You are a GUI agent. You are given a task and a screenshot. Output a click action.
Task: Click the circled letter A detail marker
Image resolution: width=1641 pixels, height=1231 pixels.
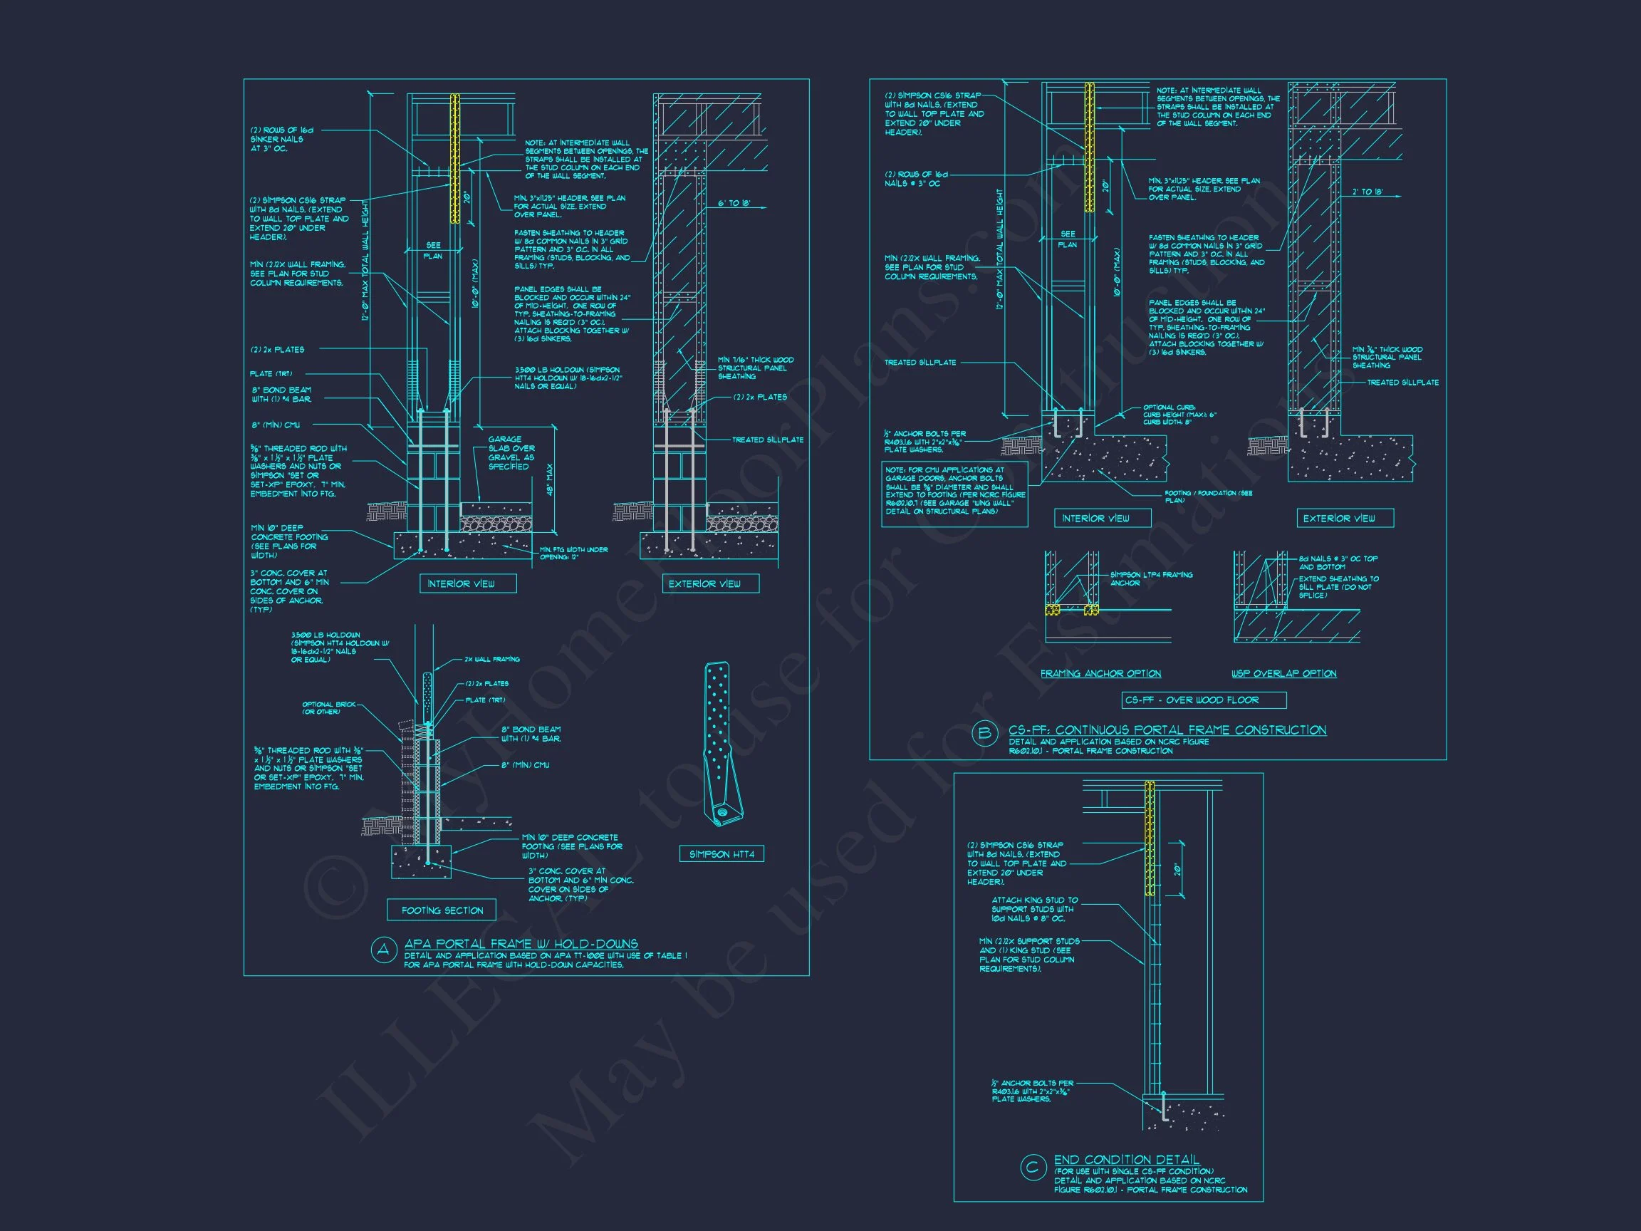[x=382, y=951]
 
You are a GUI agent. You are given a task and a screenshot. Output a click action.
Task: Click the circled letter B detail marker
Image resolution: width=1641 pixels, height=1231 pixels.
[x=984, y=734]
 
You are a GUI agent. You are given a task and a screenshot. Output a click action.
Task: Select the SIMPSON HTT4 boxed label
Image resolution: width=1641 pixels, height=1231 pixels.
[x=721, y=854]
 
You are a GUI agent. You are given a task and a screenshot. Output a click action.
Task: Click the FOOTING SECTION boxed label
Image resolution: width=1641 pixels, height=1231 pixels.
[x=442, y=910]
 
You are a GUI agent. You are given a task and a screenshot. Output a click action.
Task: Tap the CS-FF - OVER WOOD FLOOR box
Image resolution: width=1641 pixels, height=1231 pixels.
[x=1202, y=700]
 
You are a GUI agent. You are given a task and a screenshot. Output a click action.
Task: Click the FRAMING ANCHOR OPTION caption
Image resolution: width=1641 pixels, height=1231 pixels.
[x=1100, y=674]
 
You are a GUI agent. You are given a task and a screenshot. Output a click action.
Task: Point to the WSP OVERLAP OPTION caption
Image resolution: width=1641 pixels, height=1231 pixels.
[x=1283, y=674]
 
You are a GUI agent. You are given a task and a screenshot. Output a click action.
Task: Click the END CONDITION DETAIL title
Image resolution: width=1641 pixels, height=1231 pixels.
[x=1126, y=1160]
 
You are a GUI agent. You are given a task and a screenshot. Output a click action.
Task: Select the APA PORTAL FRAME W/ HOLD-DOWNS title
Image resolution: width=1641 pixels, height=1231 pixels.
[x=521, y=945]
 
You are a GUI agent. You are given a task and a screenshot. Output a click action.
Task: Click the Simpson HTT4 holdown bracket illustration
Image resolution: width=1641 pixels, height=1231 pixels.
[x=720, y=743]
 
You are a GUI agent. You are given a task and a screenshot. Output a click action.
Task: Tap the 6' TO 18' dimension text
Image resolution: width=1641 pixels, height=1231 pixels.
[x=734, y=203]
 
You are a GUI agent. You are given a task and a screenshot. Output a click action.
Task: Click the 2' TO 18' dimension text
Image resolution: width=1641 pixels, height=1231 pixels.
[x=1367, y=192]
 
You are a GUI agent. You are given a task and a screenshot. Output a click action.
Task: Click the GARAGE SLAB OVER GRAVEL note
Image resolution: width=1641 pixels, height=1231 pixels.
[x=511, y=452]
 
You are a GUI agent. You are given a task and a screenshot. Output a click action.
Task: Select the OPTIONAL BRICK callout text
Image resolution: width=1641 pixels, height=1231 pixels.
[x=328, y=708]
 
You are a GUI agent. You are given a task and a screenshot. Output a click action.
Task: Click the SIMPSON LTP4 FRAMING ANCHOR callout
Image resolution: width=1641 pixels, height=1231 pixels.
[x=1151, y=578]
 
